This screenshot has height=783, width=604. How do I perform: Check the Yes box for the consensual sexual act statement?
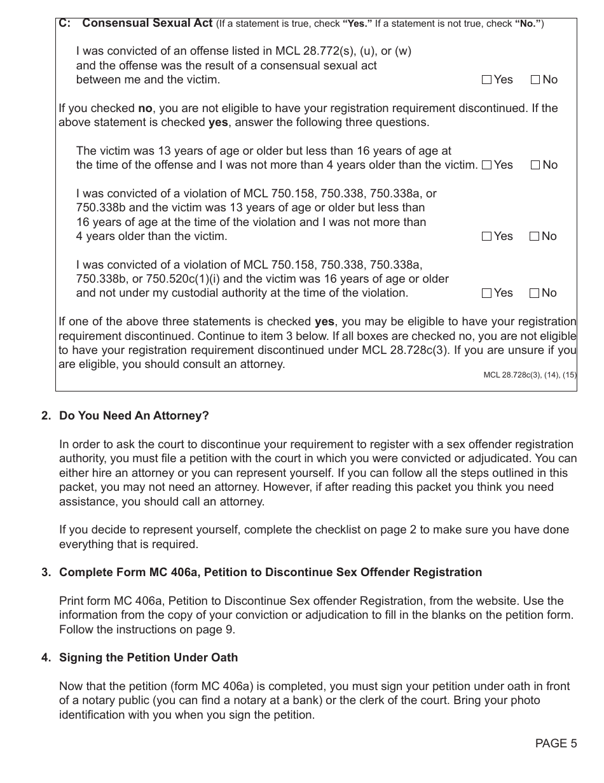pyautogui.click(x=487, y=80)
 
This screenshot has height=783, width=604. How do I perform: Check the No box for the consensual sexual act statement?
pyautogui.click(x=535, y=80)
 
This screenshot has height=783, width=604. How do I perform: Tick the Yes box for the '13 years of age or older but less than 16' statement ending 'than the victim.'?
pyautogui.click(x=487, y=165)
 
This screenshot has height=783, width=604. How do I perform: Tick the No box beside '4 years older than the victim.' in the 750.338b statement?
pyautogui.click(x=535, y=236)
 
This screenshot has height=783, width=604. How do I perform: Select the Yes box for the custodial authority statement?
pyautogui.click(x=487, y=293)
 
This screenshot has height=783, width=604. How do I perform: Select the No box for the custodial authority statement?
pyautogui.click(x=535, y=293)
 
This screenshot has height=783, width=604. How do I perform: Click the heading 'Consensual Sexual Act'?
pyautogui.click(x=147, y=24)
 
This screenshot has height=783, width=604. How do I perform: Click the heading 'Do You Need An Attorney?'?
pyautogui.click(x=134, y=416)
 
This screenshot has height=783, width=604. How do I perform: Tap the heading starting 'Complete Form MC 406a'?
pyautogui.click(x=270, y=572)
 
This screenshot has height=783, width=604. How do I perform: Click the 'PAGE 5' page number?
pyautogui.click(x=556, y=743)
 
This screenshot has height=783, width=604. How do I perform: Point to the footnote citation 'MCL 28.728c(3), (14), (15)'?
pyautogui.click(x=530, y=375)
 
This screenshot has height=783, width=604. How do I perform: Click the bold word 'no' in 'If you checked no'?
pyautogui.click(x=145, y=108)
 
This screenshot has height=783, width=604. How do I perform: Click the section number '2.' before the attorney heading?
pyautogui.click(x=46, y=416)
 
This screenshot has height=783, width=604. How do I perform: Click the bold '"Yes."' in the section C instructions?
pyautogui.click(x=357, y=24)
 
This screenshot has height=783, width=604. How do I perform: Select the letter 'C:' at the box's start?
pyautogui.click(x=64, y=24)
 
